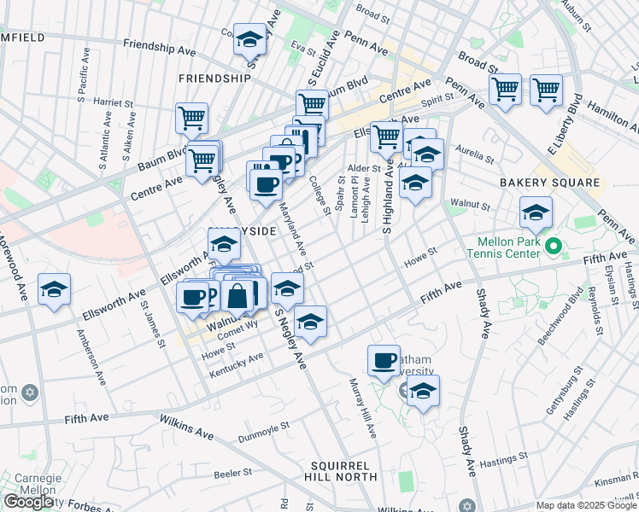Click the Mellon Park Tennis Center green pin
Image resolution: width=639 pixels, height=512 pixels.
(x=553, y=247)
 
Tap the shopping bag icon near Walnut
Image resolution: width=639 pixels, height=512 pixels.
(x=239, y=296)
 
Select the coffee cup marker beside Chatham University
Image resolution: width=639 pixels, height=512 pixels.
(x=384, y=359)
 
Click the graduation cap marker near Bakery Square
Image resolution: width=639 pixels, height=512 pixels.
(x=536, y=213)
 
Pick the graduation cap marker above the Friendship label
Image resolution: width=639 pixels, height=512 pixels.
(x=250, y=40)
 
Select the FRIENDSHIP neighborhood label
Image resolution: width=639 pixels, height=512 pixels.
(x=214, y=79)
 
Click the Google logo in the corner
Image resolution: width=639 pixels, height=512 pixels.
(x=28, y=502)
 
